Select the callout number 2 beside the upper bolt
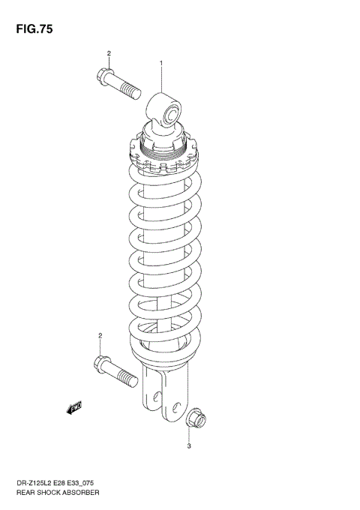[109, 53]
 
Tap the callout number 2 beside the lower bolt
[99, 335]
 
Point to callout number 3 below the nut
[189, 447]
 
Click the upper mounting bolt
[119, 82]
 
